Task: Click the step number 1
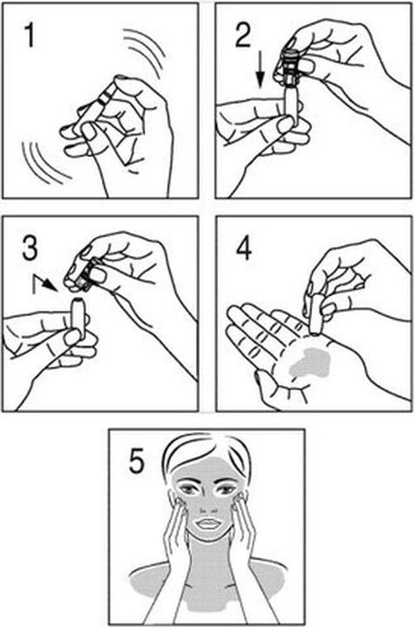(30, 36)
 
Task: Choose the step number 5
(136, 461)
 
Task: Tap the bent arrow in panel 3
(44, 282)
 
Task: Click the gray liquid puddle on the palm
(310, 363)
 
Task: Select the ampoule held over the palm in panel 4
(316, 313)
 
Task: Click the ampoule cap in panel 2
(291, 68)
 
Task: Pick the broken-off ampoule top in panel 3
(85, 273)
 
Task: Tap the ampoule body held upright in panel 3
(78, 319)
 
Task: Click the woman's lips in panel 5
(208, 522)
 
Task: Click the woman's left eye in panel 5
(225, 489)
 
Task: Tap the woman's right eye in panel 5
(188, 489)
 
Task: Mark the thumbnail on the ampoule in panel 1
(90, 131)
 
